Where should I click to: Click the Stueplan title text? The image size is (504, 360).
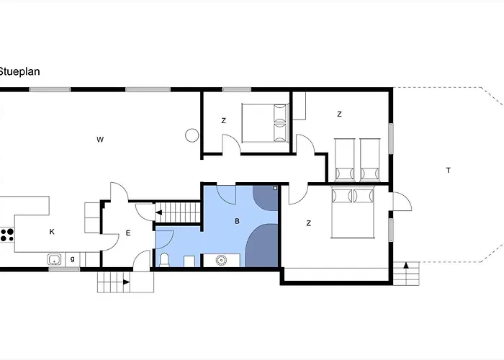19,71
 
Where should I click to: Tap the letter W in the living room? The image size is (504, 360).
100,140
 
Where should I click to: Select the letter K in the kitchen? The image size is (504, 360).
52,232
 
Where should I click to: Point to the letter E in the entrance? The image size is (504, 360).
128,233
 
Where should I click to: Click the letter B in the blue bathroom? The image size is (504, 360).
237,221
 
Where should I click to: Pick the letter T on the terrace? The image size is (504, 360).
449,171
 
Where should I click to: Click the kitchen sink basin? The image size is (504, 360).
55,259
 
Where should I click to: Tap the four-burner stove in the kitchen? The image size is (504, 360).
7,235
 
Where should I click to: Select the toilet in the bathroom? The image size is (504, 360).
164,260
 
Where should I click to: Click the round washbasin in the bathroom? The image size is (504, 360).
221,260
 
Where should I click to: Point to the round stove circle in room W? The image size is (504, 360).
192,135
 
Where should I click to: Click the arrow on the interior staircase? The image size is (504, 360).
159,212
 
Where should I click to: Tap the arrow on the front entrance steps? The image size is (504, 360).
126,282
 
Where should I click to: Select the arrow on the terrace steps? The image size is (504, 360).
406,265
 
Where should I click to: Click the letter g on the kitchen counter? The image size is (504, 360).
73,258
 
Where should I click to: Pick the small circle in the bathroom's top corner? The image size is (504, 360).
275,188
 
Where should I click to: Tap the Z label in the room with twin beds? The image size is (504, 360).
339,114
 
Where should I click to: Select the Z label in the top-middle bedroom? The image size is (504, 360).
224,120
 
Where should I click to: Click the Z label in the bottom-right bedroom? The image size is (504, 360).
309,223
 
